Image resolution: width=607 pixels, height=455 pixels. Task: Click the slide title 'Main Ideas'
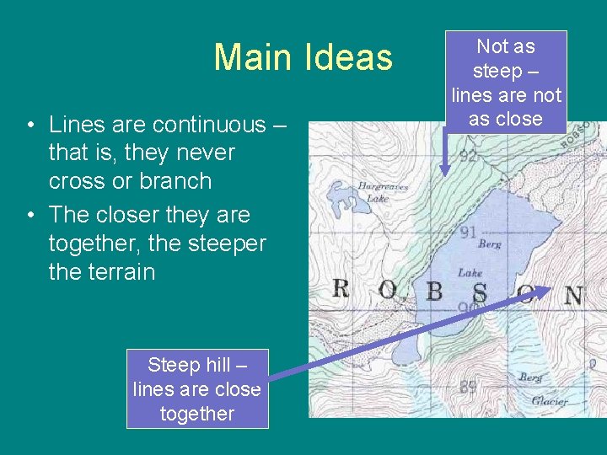coord(303,57)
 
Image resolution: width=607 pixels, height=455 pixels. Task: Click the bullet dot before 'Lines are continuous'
coord(30,126)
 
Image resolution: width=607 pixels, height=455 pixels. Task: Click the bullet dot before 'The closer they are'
coord(30,216)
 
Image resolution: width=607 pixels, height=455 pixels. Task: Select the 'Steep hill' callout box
coord(197,388)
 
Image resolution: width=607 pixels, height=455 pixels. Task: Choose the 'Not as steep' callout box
coord(506,83)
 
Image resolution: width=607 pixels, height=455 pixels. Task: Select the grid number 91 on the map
coord(469,233)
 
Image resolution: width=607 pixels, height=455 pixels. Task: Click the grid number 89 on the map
coord(469,387)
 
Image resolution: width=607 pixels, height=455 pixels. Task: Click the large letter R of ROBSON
coord(341,289)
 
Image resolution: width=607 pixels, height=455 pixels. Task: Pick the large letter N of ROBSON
coord(573,296)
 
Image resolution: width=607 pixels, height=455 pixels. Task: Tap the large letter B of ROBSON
coord(434,292)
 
